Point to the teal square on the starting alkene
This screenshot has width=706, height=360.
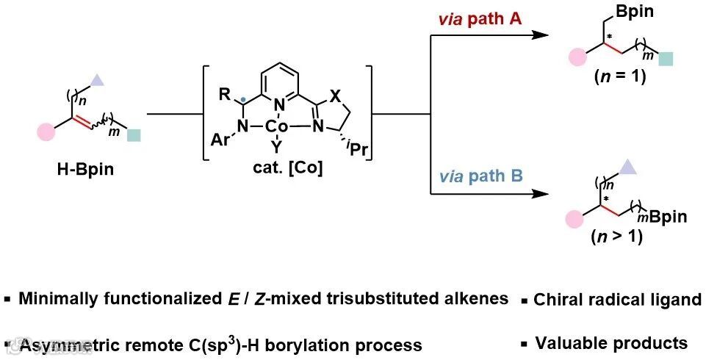(134, 134)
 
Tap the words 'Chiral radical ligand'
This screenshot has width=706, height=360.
(617, 300)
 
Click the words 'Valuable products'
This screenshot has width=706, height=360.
(611, 342)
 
